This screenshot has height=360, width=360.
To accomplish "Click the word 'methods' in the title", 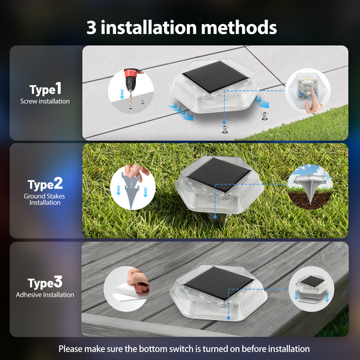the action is pyautogui.click(x=239, y=27).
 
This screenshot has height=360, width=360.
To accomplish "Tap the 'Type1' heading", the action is pyautogui.click(x=45, y=89).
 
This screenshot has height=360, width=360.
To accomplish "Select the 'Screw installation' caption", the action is pyautogui.click(x=45, y=101).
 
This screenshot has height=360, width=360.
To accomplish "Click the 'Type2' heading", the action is pyautogui.click(x=45, y=184).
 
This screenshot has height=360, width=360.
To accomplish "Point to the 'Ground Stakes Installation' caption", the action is pyautogui.click(x=44, y=199).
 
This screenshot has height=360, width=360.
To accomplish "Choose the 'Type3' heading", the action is pyautogui.click(x=45, y=283).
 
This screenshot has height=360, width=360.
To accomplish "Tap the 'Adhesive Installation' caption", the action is pyautogui.click(x=45, y=295).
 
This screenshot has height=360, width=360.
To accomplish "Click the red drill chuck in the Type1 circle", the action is pyautogui.click(x=132, y=73).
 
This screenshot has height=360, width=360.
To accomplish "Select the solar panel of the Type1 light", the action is pyautogui.click(x=215, y=77).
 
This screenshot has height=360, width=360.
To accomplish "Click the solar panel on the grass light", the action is pyautogui.click(x=218, y=174).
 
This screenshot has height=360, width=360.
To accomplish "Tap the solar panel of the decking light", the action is pyautogui.click(x=218, y=283).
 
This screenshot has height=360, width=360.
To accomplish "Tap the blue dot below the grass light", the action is pyautogui.click(x=215, y=217).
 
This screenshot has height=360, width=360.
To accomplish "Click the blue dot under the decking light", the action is pyautogui.click(x=228, y=317).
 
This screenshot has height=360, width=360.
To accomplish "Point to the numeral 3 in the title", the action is pyautogui.click(x=91, y=27).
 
